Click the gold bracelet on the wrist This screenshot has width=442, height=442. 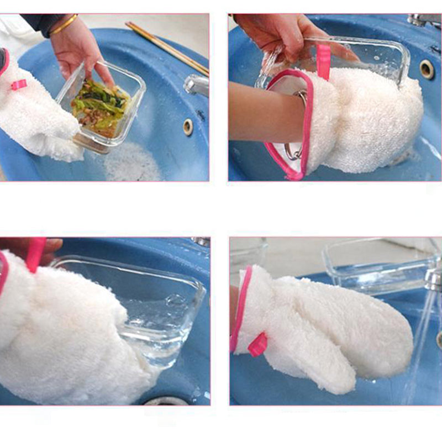click(65, 25)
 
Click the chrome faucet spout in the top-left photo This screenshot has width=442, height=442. click(195, 85)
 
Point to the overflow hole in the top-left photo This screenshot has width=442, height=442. click(188, 127)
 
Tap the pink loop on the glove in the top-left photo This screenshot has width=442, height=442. click(18, 85)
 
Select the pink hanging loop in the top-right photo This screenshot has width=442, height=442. click(323, 61)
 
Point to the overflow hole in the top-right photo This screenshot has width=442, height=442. click(427, 69)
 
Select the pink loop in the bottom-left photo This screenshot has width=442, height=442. click(36, 254)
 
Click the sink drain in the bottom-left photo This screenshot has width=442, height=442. click(166, 401)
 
